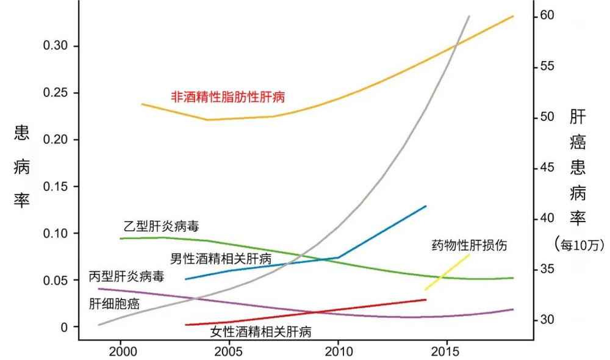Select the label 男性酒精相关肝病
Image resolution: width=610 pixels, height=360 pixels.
coord(220,259)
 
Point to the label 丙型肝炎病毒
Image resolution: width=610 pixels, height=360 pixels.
coord(126,276)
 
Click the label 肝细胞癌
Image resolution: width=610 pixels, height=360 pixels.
coord(114,303)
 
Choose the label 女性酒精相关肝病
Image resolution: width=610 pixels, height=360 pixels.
coord(261,333)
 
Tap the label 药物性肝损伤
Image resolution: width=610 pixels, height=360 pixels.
coord(469,246)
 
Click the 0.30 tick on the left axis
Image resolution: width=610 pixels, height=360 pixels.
coord(56,46)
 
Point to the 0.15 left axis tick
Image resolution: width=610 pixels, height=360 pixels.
coord(56,187)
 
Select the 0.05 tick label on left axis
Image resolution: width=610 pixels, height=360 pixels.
coord(56,281)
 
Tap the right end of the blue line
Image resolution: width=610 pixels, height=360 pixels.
coord(425,206)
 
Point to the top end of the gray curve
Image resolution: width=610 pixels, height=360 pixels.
coord(468,16)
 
